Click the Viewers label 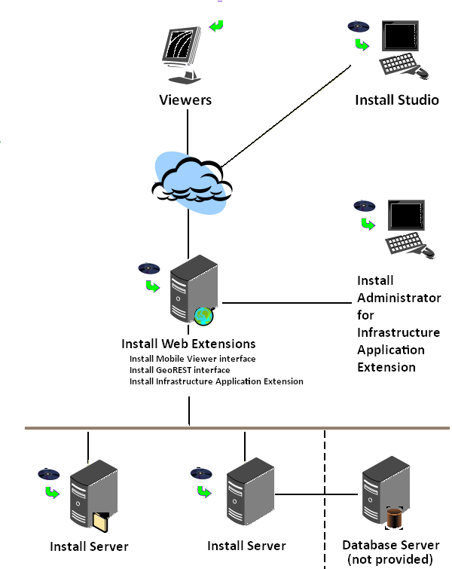coord(185,99)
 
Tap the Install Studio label coord(397,99)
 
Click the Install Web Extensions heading coord(188,344)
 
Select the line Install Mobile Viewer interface coord(192,359)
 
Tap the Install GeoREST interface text coord(179,370)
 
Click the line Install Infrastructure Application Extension coord(216,381)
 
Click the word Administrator coord(399,298)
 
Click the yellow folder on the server coord(101,522)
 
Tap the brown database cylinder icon coord(395,519)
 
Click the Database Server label coord(391,545)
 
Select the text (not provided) coord(391,558)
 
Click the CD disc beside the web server coord(149,268)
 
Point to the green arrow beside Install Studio coord(362,44)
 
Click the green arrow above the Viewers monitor coord(217,26)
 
